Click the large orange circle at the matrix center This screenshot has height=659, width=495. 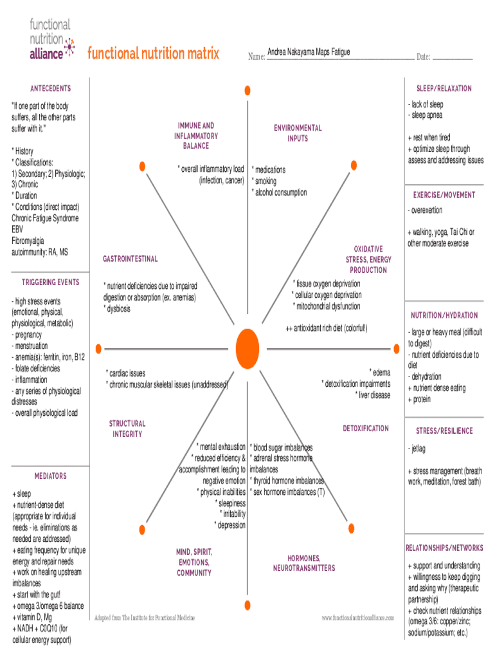coord(248,348)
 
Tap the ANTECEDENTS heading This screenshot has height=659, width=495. coord(50,88)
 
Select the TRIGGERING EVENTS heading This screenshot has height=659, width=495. coord(50,283)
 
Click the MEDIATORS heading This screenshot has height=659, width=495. coord(50,476)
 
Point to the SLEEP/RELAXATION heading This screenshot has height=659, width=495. coord(444,88)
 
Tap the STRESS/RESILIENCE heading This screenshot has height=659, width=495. coord(444,431)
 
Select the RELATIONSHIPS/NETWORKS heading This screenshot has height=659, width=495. coord(444,548)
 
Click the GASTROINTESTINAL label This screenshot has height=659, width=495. coord(130,259)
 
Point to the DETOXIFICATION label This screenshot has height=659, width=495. coord(365,428)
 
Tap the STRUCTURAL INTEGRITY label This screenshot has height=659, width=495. coord(127,429)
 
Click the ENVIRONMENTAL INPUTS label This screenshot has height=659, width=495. coord(298,133)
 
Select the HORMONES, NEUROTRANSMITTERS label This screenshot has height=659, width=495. coord(304,563)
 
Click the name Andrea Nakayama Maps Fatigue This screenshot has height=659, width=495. coord(309,52)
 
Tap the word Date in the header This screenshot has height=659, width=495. coord(422,57)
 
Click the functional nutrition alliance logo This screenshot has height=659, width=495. coord(51,39)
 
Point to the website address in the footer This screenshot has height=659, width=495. coord(357,618)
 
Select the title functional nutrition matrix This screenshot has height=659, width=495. coord(154,53)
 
